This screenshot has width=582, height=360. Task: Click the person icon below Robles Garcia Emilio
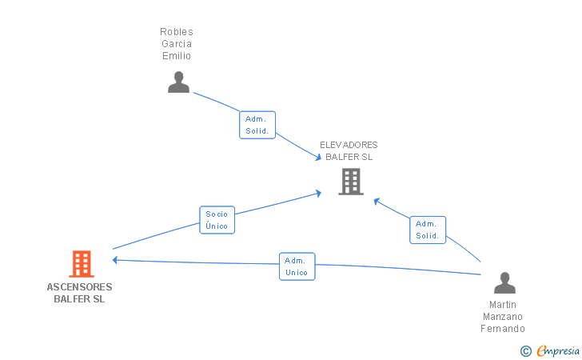178,82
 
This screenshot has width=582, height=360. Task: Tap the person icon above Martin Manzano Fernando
504,282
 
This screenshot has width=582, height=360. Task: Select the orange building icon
82,264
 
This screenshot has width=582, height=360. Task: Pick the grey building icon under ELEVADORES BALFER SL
351,182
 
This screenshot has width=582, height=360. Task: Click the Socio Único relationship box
217,220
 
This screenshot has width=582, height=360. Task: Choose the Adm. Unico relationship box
297,266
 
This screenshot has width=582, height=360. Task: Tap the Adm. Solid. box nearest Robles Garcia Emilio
257,125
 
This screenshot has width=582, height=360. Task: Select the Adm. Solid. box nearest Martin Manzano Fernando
428,230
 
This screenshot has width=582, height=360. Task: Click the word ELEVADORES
349,145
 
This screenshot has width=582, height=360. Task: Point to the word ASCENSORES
79,287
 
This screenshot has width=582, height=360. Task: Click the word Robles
177,32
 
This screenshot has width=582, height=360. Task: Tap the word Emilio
177,56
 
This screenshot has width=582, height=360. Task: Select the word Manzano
503,317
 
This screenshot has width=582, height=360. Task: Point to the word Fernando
503,329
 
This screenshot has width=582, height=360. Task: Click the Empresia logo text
558,350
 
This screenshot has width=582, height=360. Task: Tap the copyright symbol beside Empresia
526,351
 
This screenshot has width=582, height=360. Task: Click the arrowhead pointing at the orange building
115,260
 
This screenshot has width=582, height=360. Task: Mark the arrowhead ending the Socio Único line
318,193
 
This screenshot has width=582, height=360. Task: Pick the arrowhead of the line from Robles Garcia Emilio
318,158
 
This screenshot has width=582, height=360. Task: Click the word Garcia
177,44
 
